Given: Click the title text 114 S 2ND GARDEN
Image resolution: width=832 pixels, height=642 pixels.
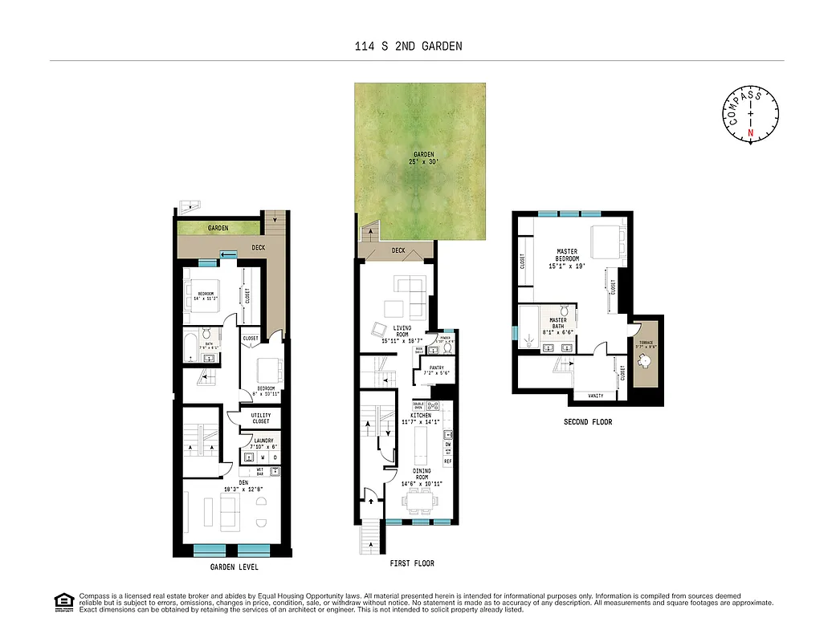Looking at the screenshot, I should coord(408,47).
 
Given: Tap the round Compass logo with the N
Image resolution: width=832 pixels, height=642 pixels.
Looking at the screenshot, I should coord(751,115).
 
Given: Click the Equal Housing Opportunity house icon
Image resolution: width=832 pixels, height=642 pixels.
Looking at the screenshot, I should coord(62,601).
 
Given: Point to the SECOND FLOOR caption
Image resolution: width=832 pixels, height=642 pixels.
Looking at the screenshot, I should coord(587,421).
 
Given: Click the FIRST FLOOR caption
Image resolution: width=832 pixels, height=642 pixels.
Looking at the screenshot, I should coord(411,563).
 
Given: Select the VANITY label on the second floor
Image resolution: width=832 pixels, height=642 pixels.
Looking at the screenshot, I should coord(595,396).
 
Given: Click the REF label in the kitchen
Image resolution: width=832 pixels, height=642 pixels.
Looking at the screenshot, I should coord(447,461).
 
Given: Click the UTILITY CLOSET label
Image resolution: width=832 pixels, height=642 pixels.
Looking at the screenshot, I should coord(262,418).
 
